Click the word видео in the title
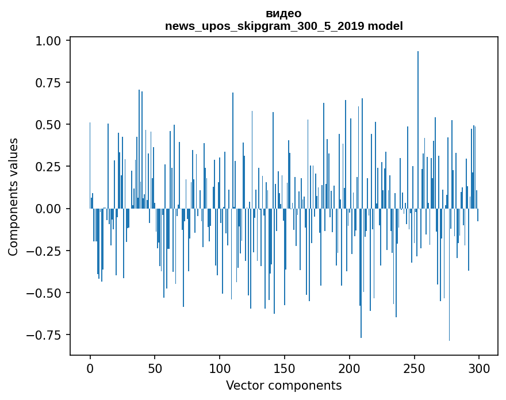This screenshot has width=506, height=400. (x=283, y=13)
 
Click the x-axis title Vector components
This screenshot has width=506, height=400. (x=283, y=386)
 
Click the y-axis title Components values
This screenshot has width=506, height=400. (x=13, y=197)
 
